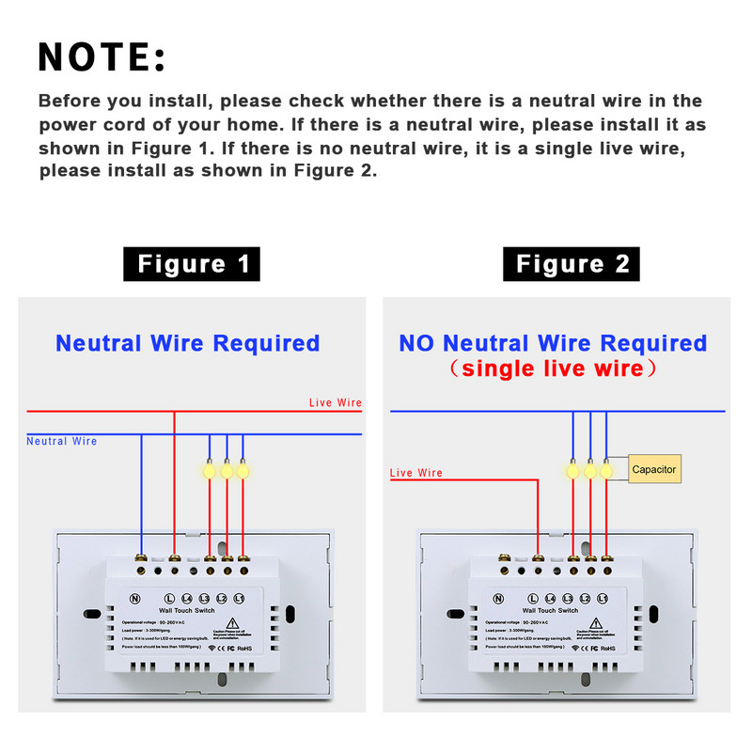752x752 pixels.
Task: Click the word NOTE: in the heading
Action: pos(102,57)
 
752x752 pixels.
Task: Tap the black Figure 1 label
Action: pos(192,264)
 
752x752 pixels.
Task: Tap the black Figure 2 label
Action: pos(572,264)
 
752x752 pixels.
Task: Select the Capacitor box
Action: pos(653,469)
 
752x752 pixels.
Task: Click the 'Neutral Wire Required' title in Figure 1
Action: pos(187,343)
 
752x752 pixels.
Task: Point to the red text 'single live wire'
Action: pos(553,368)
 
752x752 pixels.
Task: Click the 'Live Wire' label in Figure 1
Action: pos(336,402)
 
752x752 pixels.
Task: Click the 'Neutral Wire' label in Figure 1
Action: pos(61,441)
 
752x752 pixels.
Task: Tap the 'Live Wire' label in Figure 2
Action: pos(416,473)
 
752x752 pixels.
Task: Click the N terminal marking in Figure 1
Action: pos(134,598)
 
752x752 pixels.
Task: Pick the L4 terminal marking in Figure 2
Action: pos(551,598)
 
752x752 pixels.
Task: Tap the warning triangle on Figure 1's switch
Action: pos(243,622)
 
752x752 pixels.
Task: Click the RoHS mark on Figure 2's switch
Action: pos(607,648)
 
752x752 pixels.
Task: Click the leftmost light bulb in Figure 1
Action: pos(209,467)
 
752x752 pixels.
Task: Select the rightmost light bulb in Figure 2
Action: pos(607,467)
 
